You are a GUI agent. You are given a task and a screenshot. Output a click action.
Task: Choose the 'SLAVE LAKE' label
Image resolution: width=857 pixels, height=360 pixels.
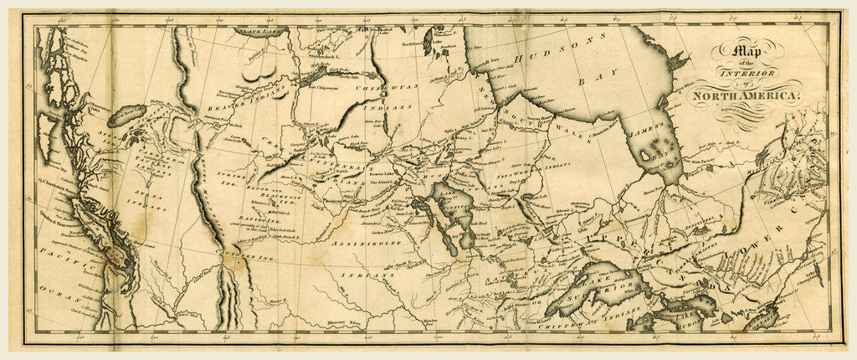click(x=259, y=32)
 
